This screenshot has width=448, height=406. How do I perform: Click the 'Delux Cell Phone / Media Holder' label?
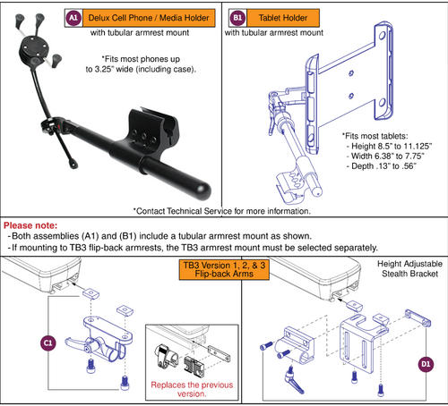(138, 18)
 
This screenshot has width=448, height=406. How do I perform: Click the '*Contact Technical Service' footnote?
(223, 211)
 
